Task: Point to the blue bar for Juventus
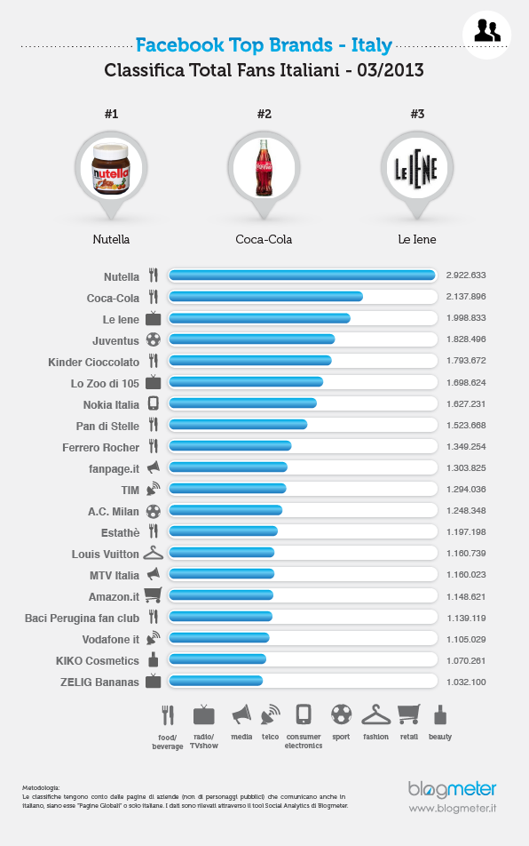pos(252,339)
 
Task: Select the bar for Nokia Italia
pos(242,403)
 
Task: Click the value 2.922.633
pos(466,275)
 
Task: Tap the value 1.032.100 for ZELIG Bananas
pos(466,682)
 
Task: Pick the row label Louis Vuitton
pos(106,554)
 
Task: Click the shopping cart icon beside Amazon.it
pos(153,595)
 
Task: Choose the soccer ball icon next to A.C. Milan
pos(154,511)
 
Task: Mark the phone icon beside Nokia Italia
pos(154,403)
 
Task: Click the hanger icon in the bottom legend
pos(375,714)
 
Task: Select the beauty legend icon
pos(440,714)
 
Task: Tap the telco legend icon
pos(270,714)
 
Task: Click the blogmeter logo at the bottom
pos(452,789)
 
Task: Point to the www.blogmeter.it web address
pos(452,809)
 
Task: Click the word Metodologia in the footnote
pos(42,787)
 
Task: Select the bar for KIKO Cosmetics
pos(217,660)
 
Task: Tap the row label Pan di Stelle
pos(107,426)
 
